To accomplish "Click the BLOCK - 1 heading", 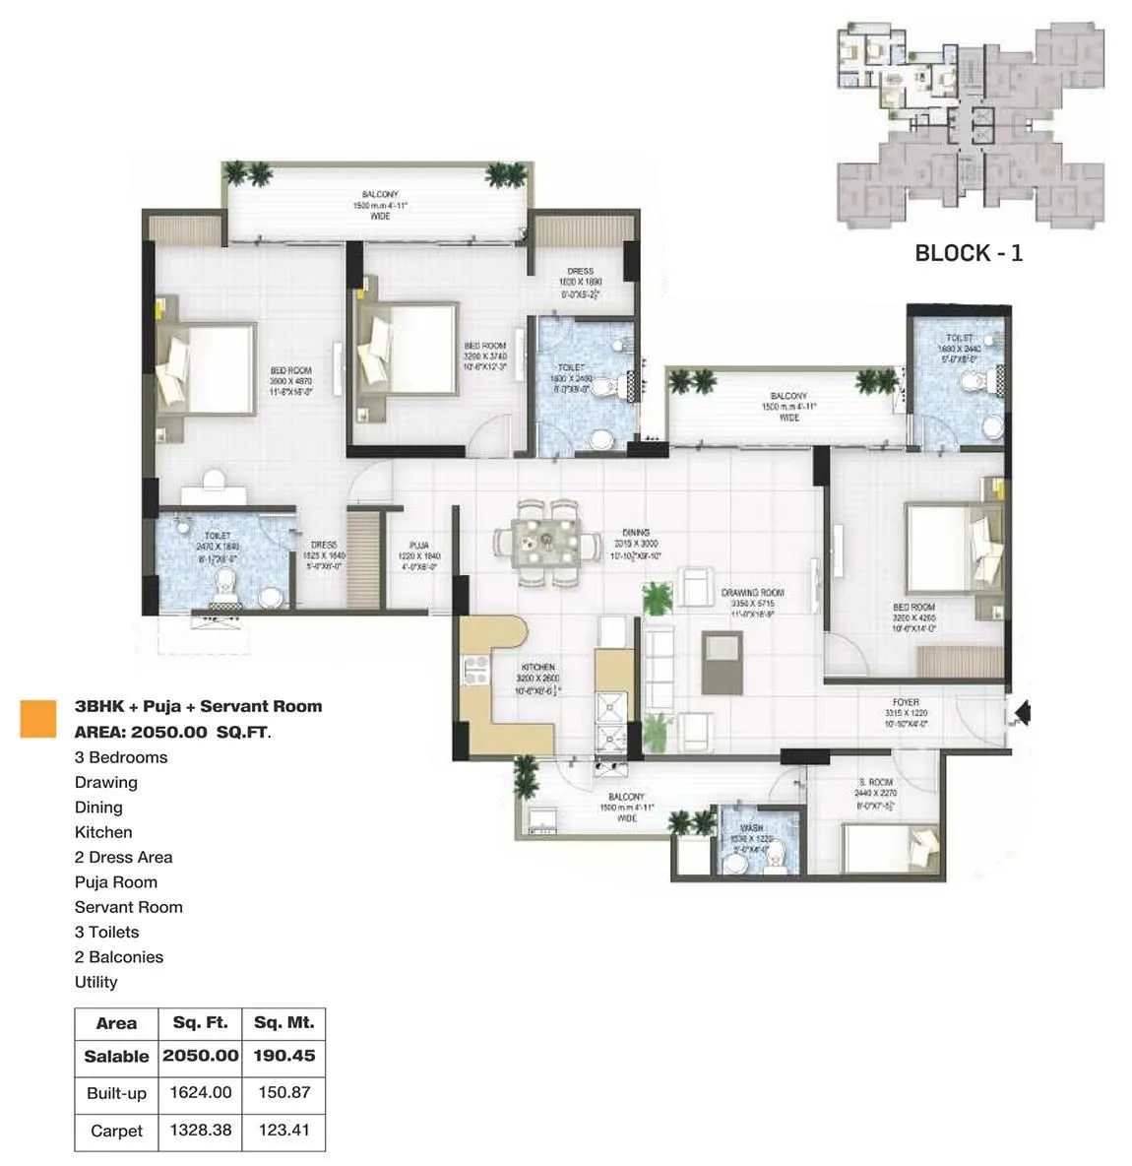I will click(969, 253).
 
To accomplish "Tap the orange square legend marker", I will click(38, 718).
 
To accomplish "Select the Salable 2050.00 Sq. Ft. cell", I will click(201, 1056).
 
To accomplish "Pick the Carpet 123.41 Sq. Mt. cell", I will click(284, 1131).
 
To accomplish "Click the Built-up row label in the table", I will click(116, 1093).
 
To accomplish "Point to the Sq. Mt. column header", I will click(284, 1023).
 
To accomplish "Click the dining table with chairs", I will click(547, 542).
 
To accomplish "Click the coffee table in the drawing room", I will click(723, 662).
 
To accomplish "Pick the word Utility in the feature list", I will click(95, 982).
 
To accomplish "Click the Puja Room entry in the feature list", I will click(116, 882).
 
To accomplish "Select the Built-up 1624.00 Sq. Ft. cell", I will click(201, 1093).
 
